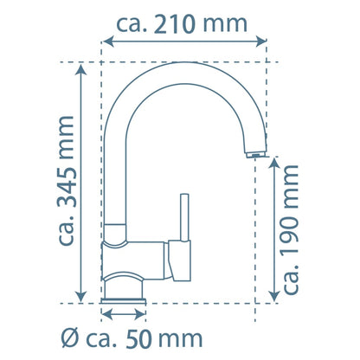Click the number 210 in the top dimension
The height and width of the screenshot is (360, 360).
[174, 24]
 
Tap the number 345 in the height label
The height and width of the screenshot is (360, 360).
[67, 189]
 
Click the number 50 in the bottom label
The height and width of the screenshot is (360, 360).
[139, 339]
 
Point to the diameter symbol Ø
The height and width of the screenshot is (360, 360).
[69, 339]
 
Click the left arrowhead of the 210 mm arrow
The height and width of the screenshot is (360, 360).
[108, 42]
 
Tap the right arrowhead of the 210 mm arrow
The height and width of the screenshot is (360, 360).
[261, 42]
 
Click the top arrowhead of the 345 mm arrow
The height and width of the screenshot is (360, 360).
[81, 70]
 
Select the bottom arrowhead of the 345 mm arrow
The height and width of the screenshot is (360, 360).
[81, 297]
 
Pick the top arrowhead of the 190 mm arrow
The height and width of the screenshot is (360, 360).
[274, 164]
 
